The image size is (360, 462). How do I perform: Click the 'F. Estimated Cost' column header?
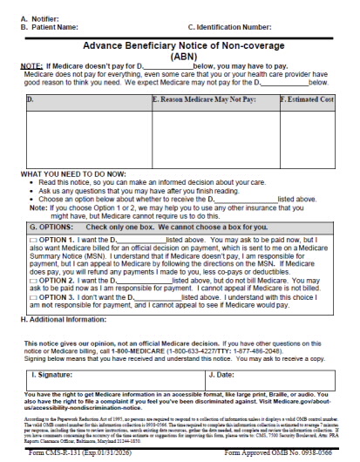pyautogui.click(x=306, y=100)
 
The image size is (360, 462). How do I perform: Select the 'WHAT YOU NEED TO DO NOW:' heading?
pyautogui.click(x=71, y=174)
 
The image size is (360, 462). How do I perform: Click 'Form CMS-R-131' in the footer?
pyautogui.click(x=62, y=456)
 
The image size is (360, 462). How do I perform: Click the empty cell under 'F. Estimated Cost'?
pyautogui.click(x=306, y=135)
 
